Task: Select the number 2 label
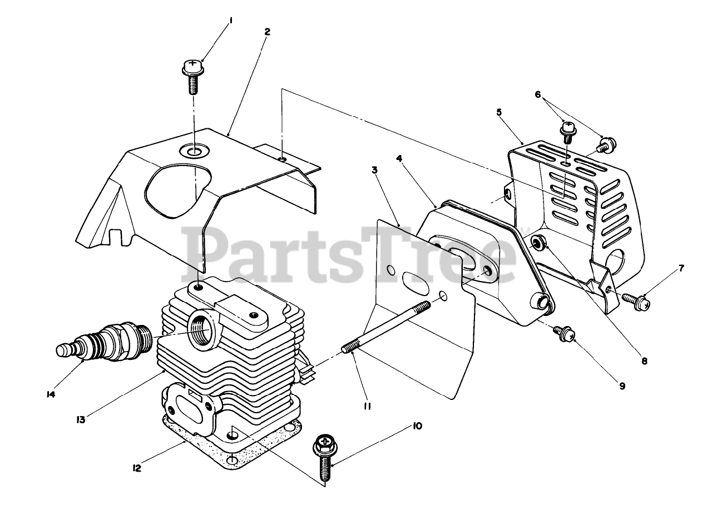pos(267,32)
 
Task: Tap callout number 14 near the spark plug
pos(51,394)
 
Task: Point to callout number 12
pos(137,468)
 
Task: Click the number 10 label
pos(417,426)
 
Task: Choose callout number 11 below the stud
pos(367,406)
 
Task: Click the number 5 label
pos(499,112)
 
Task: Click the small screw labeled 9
pos(563,333)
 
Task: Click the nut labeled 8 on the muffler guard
pos(538,242)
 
